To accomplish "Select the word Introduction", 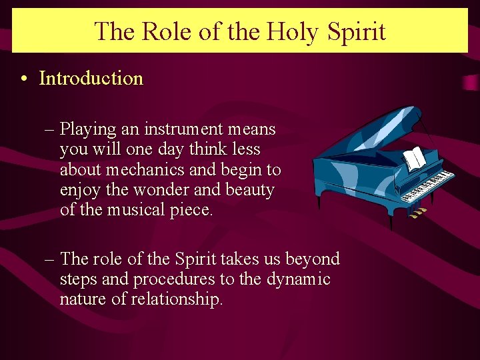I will [91, 78].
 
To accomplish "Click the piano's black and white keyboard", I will [427, 187].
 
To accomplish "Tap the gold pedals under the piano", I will [417, 213].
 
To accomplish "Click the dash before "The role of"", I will [51, 259].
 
